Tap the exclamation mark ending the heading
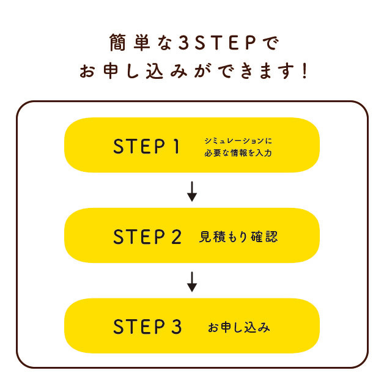[305, 71]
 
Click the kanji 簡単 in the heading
[130, 43]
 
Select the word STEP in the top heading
[225, 43]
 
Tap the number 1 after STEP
[176, 146]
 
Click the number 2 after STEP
[176, 237]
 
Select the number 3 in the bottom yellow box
[176, 327]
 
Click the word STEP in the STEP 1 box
[139, 146]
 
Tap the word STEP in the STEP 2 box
[139, 237]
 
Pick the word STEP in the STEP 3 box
[139, 327]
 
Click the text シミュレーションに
[238, 141]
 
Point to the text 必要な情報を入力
[238, 153]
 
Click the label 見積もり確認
[238, 237]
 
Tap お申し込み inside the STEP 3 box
[238, 327]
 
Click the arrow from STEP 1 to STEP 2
[192, 191]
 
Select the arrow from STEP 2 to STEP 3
[192, 282]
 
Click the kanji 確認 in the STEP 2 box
[264, 237]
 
